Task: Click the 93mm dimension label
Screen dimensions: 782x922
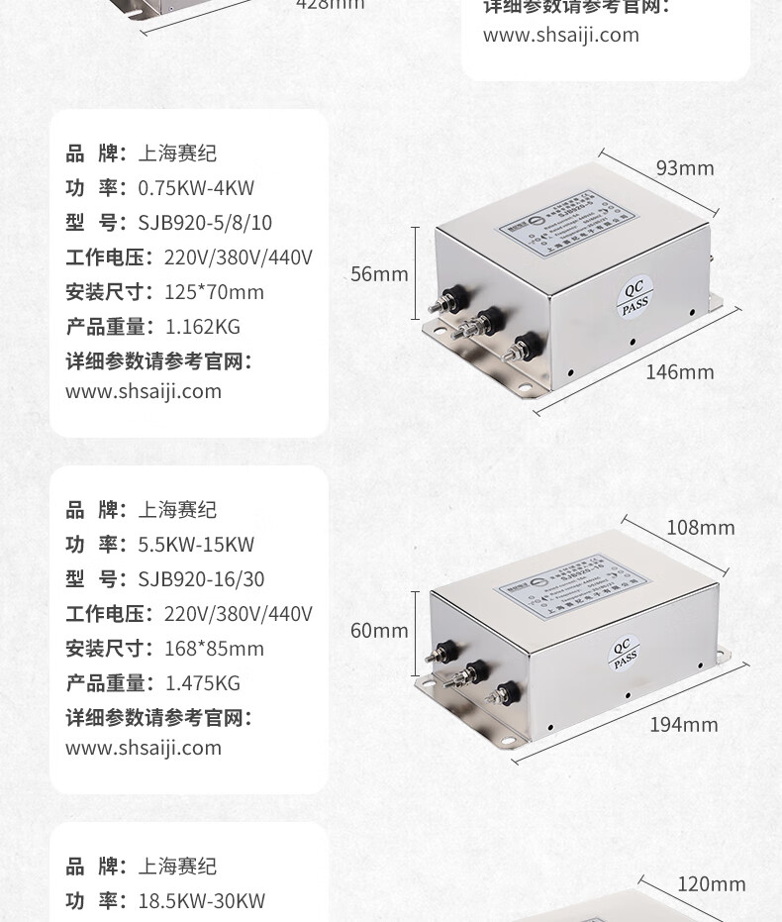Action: (684, 168)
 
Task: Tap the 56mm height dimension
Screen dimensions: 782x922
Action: (379, 274)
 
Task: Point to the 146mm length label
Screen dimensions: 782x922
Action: (679, 372)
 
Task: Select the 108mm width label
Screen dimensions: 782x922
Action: (700, 528)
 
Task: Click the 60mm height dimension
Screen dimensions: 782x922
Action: (379, 631)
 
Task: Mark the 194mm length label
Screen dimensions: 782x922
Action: (683, 725)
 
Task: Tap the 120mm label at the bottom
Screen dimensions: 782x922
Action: (711, 884)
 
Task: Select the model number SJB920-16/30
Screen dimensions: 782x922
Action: (201, 579)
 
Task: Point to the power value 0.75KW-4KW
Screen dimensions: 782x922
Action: (196, 188)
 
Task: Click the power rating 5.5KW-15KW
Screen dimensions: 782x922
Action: (196, 545)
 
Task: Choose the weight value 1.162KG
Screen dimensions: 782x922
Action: (202, 327)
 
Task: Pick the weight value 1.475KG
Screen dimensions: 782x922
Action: (202, 683)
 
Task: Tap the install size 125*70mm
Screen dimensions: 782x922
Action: (214, 292)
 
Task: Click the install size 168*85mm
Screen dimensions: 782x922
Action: (214, 649)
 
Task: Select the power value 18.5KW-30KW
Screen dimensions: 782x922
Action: (201, 901)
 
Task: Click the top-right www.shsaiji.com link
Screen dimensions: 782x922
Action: (560, 36)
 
